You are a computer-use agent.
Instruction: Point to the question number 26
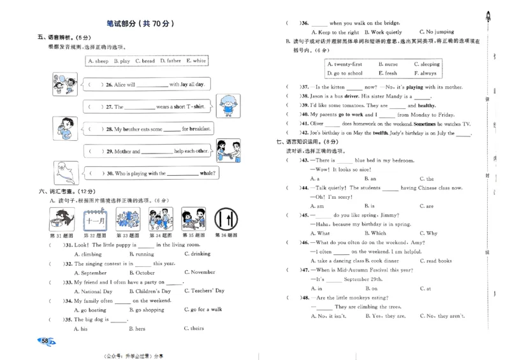pos(109,84)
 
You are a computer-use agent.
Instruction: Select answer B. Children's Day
pos(149,291)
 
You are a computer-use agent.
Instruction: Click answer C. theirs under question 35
pos(194,329)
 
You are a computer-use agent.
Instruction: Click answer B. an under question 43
pos(370,179)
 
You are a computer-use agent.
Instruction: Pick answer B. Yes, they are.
pos(385,316)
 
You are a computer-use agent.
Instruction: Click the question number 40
pos(305,115)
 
